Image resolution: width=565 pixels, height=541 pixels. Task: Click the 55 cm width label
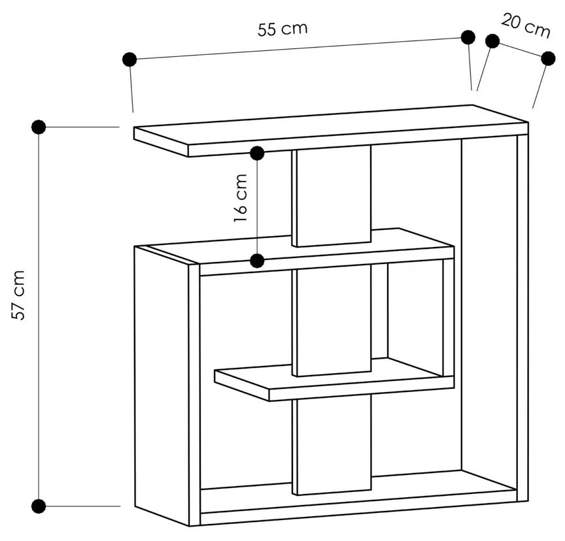click(282, 29)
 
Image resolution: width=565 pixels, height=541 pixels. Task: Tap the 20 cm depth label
click(526, 25)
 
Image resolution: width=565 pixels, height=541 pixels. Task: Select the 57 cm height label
click(18, 295)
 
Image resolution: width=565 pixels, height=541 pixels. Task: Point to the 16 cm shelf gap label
click(241, 198)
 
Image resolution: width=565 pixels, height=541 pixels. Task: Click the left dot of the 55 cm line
click(129, 59)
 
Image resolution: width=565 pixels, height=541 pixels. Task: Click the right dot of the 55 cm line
click(468, 37)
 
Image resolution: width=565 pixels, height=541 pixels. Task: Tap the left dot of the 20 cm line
click(492, 41)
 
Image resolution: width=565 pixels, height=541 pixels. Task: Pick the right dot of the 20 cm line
click(549, 58)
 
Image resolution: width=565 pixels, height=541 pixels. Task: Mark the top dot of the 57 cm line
click(39, 127)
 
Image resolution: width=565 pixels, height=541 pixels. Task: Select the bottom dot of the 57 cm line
click(39, 506)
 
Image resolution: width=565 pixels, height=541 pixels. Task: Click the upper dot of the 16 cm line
click(257, 154)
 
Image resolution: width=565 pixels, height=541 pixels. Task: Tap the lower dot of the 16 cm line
click(257, 261)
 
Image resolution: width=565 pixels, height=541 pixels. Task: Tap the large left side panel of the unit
click(162, 385)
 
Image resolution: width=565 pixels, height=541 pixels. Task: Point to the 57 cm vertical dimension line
click(39, 316)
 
